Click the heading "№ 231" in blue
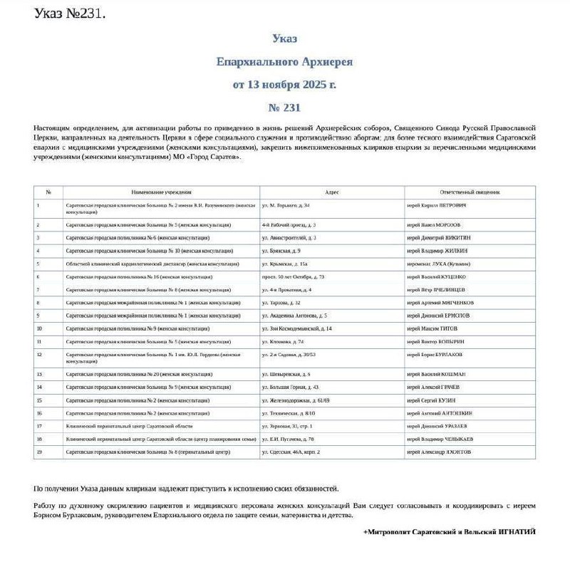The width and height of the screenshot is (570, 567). (284, 108)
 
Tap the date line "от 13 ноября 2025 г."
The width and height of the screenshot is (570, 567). (284, 85)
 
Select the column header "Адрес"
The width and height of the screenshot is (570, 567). (332, 192)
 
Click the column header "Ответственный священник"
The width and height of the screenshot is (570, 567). (470, 192)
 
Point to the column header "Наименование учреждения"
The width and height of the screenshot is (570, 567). (161, 192)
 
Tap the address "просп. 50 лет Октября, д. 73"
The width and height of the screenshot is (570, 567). (293, 276)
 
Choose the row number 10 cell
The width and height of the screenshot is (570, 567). (39, 328)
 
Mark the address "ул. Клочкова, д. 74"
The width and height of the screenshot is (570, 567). (283, 341)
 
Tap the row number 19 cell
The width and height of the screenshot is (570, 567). (39, 452)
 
